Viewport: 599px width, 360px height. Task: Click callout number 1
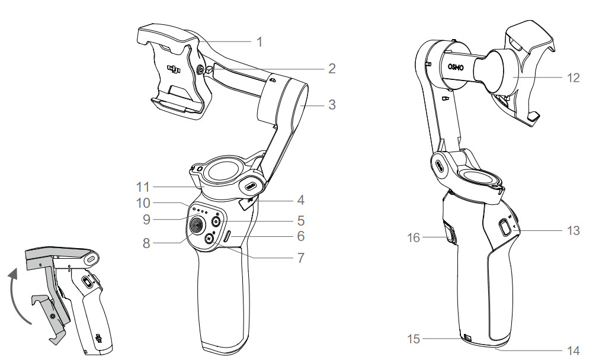click(x=260, y=42)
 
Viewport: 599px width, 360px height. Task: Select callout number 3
click(x=332, y=105)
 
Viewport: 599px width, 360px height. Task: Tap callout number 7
click(x=301, y=258)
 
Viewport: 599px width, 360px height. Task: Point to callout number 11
click(x=143, y=187)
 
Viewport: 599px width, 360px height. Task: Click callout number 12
click(x=574, y=78)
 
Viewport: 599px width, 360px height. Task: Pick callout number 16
click(x=414, y=238)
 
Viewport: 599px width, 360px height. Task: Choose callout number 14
click(x=574, y=351)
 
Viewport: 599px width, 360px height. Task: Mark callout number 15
click(x=414, y=339)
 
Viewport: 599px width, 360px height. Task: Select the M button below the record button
click(x=209, y=239)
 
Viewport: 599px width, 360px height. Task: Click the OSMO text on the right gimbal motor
click(x=456, y=67)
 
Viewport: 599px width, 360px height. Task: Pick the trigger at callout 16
click(x=451, y=233)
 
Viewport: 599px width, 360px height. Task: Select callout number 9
click(x=146, y=220)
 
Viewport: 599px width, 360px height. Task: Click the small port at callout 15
click(x=467, y=337)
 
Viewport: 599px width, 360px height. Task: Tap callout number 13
click(x=574, y=230)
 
